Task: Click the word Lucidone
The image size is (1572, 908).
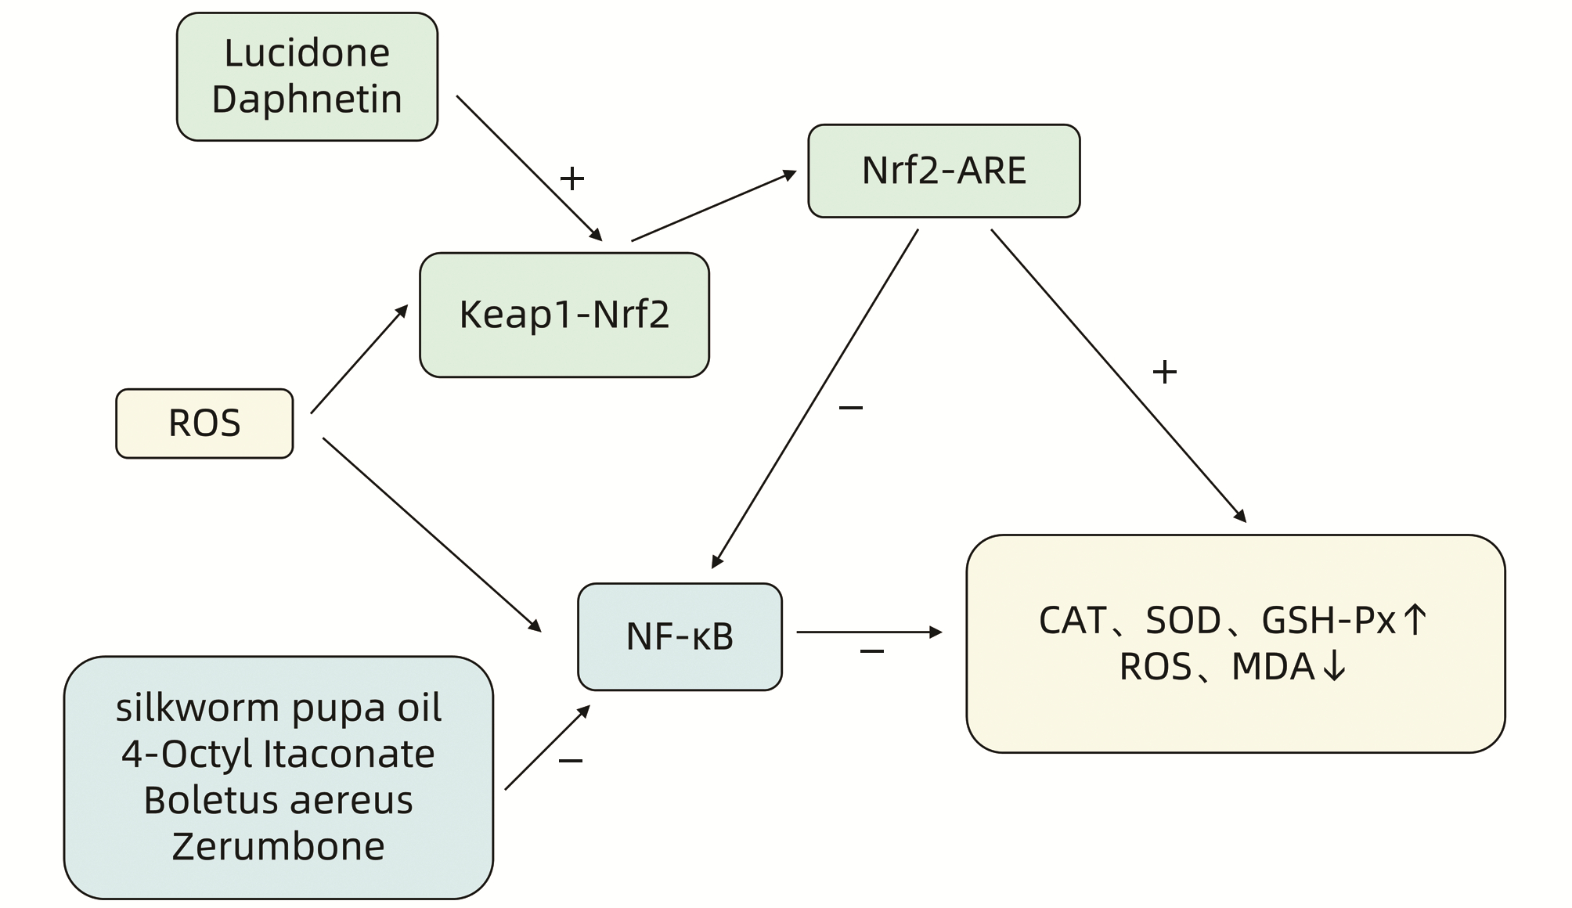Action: click(307, 53)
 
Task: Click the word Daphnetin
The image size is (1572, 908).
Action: click(307, 99)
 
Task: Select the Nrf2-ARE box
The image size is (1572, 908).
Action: click(943, 171)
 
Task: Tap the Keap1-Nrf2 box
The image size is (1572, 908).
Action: click(564, 315)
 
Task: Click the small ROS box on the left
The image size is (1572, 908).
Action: click(204, 423)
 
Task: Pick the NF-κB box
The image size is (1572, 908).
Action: click(680, 636)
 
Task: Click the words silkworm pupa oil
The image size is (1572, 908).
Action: click(279, 708)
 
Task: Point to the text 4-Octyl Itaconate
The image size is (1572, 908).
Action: click(279, 754)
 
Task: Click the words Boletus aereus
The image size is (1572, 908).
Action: click(279, 800)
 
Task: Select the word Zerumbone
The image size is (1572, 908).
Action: click(279, 846)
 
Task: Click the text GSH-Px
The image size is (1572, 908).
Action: click(1329, 621)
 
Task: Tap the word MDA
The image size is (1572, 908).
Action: click(1273, 667)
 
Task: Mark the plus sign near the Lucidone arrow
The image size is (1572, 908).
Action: click(572, 178)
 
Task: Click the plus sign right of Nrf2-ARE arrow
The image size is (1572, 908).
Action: click(1165, 372)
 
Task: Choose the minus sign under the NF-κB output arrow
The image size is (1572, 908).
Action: click(872, 651)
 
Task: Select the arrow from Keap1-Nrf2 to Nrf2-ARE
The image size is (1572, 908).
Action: click(712, 206)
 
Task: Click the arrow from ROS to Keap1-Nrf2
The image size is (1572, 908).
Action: click(359, 359)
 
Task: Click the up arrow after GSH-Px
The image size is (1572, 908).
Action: click(1415, 620)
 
